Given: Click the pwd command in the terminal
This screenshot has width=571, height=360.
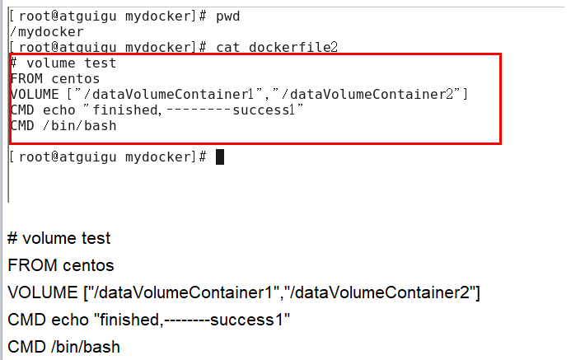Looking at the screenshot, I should point(228,16).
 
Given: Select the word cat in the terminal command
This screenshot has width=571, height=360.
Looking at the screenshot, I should point(228,48).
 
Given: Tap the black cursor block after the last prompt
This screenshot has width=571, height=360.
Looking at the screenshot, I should point(220,157).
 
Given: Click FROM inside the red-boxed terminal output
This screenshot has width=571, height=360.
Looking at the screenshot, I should point(24,79).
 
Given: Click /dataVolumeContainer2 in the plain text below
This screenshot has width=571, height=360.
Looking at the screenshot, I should point(380,292).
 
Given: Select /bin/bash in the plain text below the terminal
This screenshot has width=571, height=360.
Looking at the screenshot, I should point(87,347).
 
